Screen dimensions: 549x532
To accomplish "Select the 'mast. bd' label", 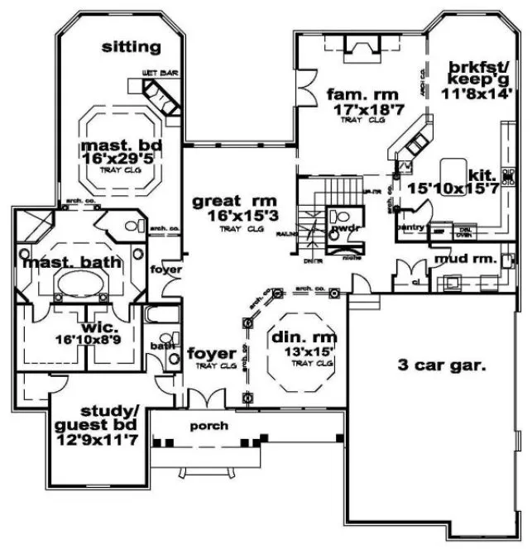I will tap(120, 147).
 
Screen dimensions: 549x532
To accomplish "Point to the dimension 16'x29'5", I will tap(121, 160).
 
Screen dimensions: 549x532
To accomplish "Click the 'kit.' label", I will tap(481, 174).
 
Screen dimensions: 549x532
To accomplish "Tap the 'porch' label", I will tap(208, 426).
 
